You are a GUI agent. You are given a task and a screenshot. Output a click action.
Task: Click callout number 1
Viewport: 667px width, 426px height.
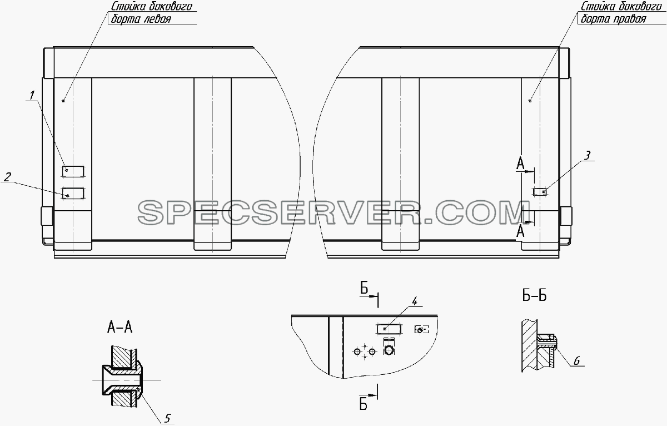pos(32,95)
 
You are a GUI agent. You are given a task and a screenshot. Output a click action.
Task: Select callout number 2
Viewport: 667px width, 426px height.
pos(7,177)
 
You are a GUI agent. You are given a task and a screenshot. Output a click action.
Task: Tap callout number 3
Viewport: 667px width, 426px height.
pos(587,156)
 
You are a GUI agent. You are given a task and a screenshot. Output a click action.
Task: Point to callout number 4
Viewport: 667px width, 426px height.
pos(414,301)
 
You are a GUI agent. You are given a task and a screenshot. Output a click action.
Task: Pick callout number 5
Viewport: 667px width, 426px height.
pos(167,419)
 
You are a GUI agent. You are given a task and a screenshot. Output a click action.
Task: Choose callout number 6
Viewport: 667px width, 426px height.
pos(576,361)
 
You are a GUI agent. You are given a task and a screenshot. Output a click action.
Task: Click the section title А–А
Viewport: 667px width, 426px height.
pos(120,328)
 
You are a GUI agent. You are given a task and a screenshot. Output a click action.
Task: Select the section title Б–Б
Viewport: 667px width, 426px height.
pos(535,296)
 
